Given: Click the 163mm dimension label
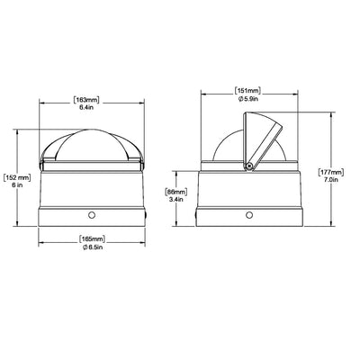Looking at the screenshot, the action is [86, 100].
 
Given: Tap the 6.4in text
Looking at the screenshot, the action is [86, 107].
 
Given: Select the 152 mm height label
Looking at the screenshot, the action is [17, 177].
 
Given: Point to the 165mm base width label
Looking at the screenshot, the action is [92, 239].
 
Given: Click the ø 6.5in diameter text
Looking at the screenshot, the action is [92, 247].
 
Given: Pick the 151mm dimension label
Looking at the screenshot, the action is [247, 91].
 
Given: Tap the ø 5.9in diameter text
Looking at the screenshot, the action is [247, 98].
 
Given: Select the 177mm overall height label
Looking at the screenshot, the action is [331, 173].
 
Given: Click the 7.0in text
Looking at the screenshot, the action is [331, 180].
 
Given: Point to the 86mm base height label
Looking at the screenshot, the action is [176, 192].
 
